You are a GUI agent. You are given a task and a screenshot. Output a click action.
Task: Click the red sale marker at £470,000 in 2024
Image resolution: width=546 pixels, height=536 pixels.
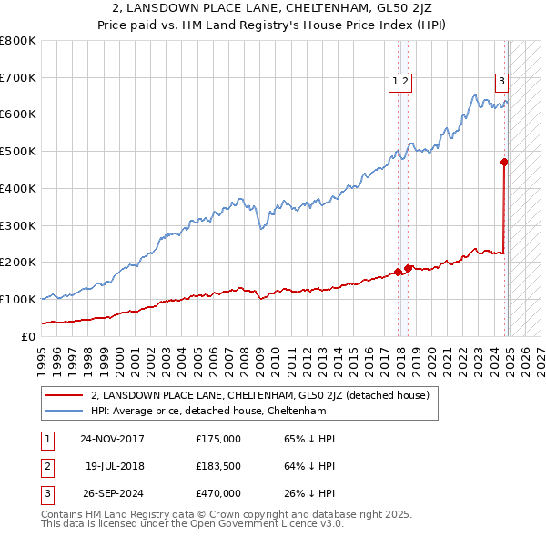click(504, 163)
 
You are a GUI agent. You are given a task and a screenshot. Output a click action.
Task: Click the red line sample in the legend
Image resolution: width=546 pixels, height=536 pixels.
click(66, 395)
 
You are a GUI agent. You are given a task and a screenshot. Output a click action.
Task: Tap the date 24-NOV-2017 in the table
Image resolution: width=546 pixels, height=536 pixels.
click(112, 439)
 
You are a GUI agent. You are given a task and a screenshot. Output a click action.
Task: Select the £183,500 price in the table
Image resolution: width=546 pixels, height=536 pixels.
click(218, 466)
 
